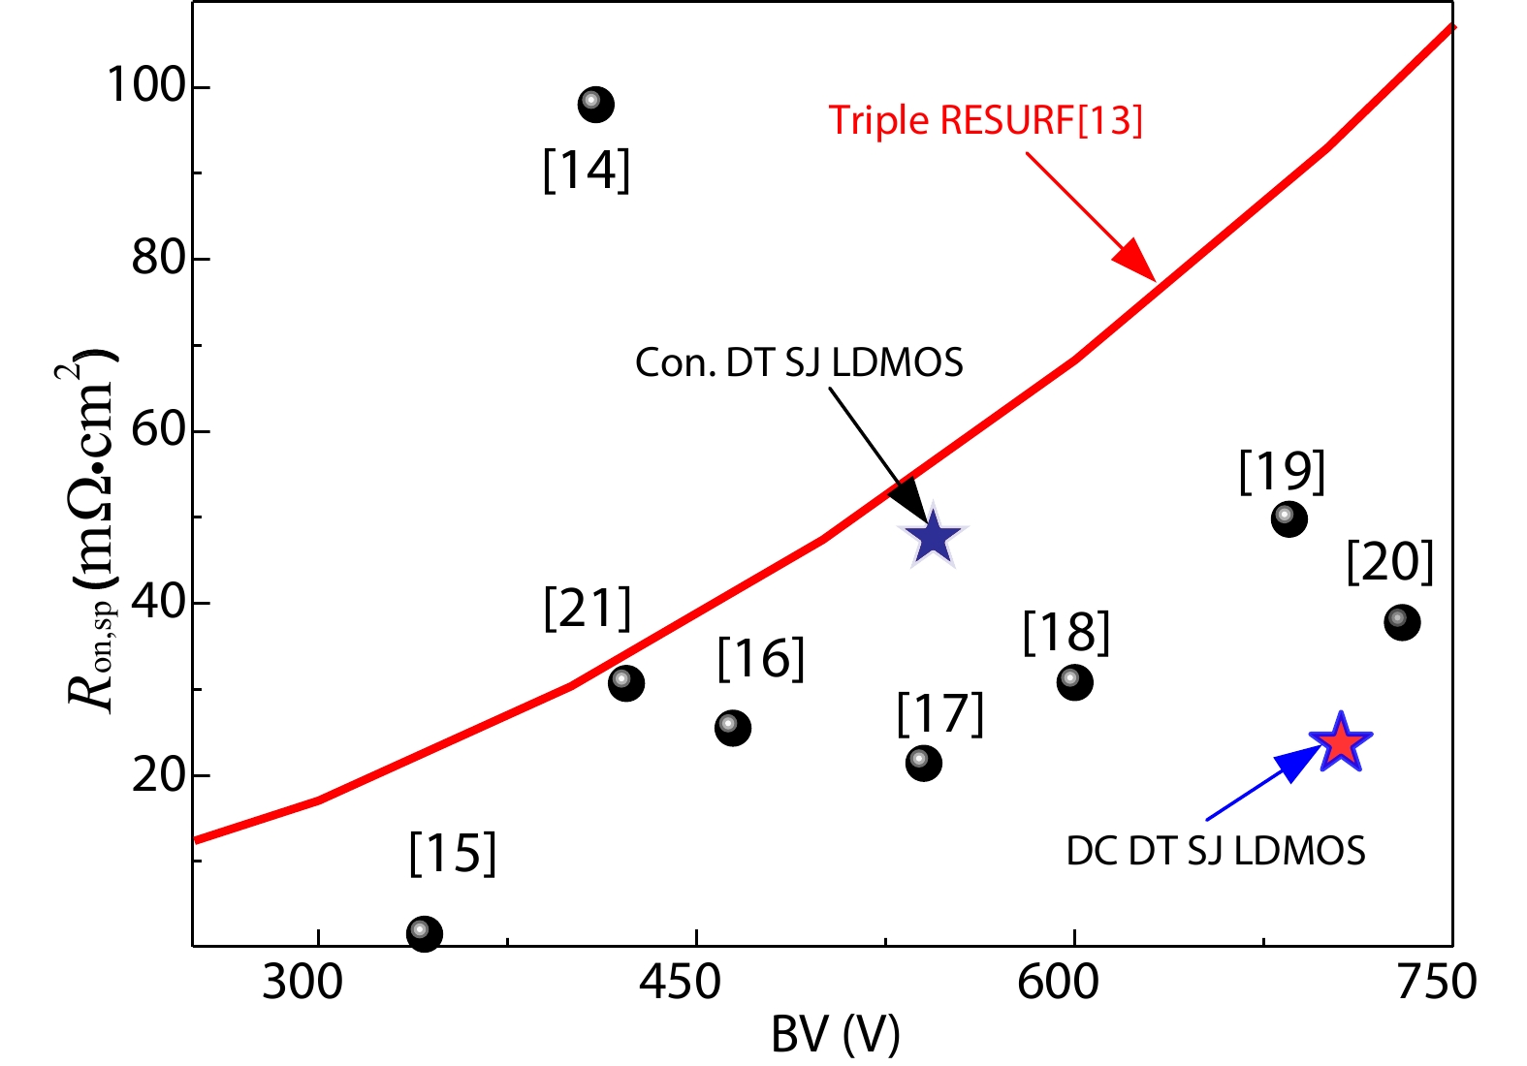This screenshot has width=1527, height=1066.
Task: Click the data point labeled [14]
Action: [x=595, y=105]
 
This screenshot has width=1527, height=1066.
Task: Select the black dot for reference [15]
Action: [x=425, y=933]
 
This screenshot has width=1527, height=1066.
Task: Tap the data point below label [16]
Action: [x=733, y=728]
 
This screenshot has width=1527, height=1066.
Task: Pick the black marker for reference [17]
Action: [x=923, y=763]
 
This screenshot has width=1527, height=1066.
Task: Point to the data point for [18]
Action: [x=1074, y=682]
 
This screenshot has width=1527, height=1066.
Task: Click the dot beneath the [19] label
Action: [x=1288, y=518]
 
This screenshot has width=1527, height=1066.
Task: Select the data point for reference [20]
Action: [x=1402, y=621]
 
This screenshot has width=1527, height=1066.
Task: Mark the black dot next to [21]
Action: [x=626, y=683]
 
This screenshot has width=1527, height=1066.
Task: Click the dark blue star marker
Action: [x=933, y=537]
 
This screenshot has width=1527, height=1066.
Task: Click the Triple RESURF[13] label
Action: [x=985, y=120]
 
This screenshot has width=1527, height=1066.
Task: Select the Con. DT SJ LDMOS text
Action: [x=799, y=363]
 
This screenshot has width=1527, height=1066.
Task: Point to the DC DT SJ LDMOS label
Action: [x=1216, y=851]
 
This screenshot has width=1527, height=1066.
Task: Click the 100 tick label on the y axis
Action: [x=145, y=85]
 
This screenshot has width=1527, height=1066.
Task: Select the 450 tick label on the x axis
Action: [x=680, y=983]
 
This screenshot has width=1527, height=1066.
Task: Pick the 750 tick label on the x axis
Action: [x=1436, y=983]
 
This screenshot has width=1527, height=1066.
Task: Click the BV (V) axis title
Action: [x=835, y=1035]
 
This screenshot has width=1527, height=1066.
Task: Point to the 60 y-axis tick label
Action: [x=158, y=429]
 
